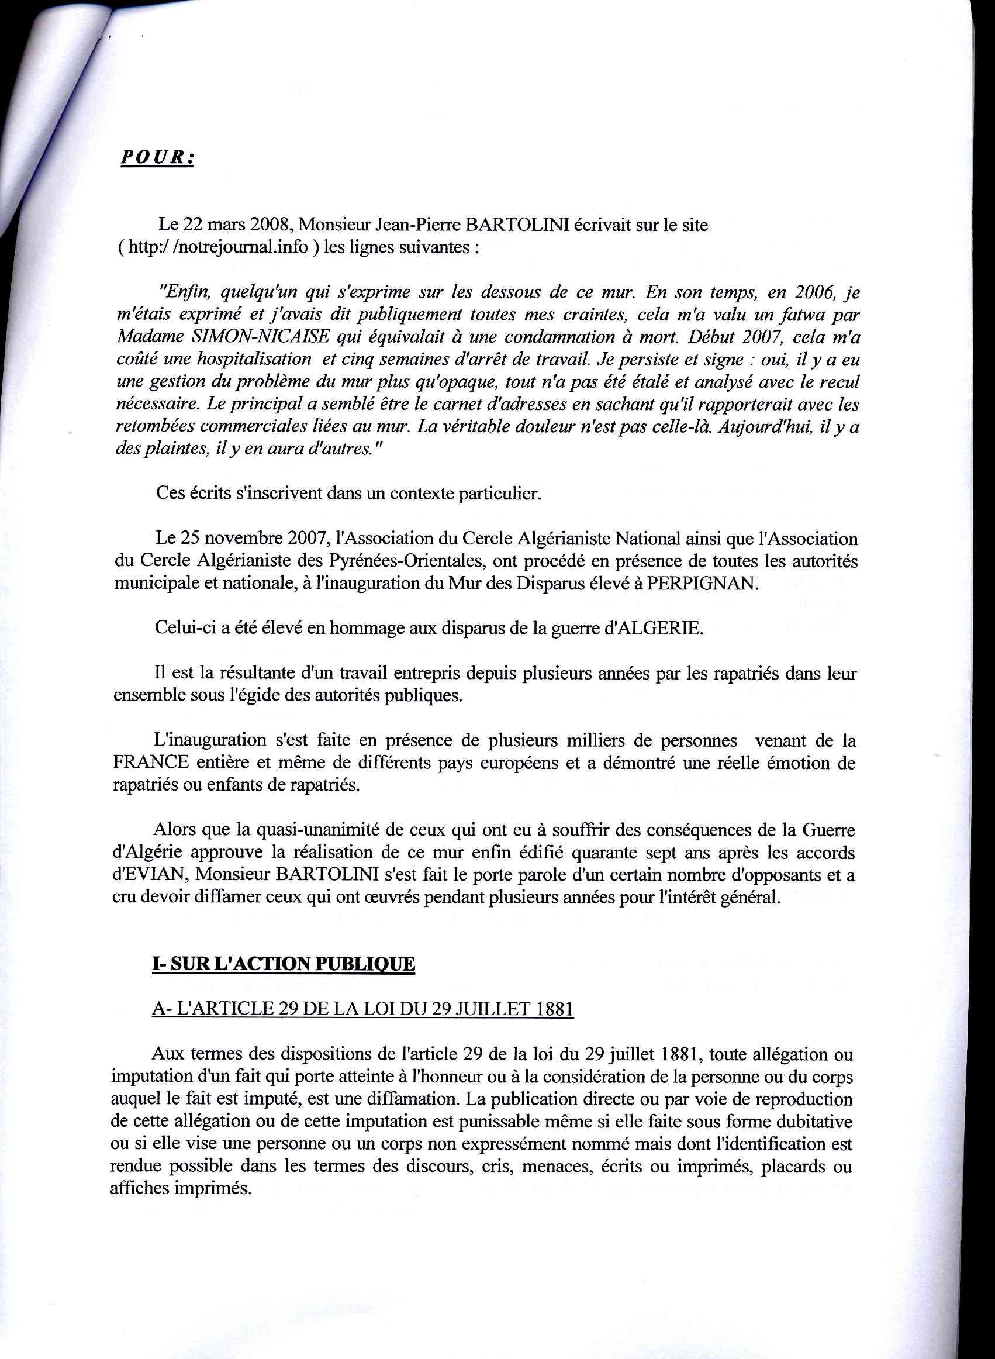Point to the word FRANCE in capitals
(151, 763)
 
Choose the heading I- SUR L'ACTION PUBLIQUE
(284, 964)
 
